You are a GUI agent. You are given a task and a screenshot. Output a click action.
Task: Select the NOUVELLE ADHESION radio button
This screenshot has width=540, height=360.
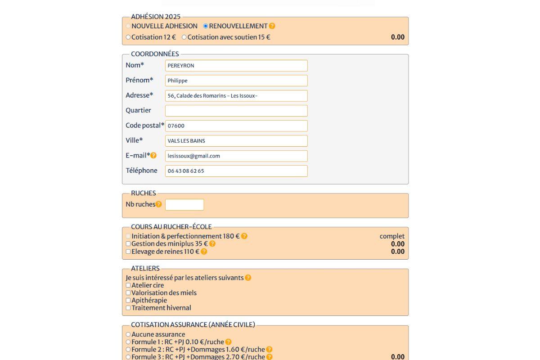click(128, 26)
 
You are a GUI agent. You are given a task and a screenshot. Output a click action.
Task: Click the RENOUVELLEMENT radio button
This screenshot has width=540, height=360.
click(206, 26)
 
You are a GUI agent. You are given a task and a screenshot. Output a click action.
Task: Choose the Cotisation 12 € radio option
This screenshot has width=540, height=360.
click(128, 37)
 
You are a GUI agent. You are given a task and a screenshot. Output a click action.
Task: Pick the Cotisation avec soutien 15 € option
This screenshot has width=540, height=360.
click(184, 37)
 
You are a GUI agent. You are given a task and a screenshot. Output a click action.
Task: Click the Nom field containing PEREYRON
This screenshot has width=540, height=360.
click(236, 66)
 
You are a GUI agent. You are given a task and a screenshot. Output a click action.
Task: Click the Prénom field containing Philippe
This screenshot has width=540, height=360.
click(236, 81)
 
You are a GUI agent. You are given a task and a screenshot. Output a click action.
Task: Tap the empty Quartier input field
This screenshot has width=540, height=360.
click(236, 111)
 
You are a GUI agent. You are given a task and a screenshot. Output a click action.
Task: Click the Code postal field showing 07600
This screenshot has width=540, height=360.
click(236, 126)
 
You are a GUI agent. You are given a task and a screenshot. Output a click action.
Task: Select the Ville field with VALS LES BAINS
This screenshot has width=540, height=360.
click(236, 141)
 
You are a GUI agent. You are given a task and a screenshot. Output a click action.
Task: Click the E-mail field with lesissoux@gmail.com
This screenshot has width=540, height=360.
click(236, 156)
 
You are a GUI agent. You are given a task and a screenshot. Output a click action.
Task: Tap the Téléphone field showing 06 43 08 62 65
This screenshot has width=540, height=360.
click(236, 171)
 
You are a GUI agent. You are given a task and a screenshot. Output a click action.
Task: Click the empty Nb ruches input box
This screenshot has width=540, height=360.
click(184, 205)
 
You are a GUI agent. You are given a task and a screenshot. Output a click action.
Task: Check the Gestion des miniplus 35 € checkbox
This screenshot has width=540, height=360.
click(128, 244)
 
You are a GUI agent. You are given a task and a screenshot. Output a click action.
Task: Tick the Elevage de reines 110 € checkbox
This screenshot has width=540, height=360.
click(128, 252)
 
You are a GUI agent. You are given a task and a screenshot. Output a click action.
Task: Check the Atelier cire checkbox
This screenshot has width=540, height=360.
click(128, 285)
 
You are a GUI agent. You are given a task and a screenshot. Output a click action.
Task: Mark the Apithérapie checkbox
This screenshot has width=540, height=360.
click(128, 301)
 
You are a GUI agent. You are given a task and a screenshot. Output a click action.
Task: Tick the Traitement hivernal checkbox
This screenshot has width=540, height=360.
click(128, 308)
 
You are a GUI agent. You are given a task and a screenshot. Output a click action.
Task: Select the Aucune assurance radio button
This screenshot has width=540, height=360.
click(128, 334)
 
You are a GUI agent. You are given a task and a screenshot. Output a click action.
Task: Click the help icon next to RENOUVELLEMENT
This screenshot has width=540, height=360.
click(272, 26)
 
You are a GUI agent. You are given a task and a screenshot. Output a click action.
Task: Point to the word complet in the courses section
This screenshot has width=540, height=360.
click(392, 236)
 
